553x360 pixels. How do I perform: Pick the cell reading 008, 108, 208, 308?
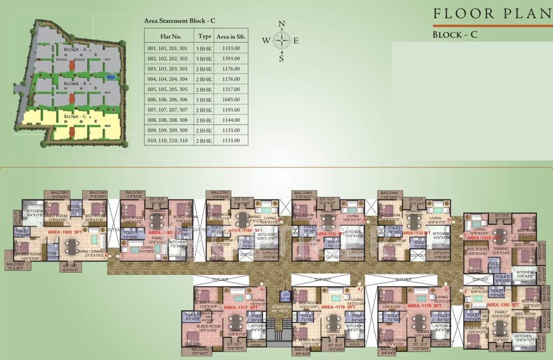tap(168, 120)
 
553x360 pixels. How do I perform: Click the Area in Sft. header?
tap(231, 36)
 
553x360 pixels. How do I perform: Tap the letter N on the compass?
tap(281, 24)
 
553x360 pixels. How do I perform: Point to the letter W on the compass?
tap(266, 40)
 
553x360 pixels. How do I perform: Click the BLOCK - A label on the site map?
tap(75, 49)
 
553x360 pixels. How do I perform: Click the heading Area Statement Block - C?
tap(179, 21)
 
